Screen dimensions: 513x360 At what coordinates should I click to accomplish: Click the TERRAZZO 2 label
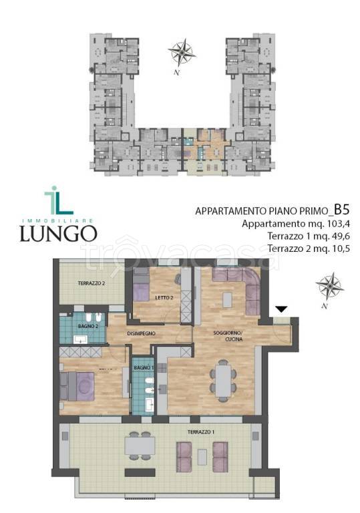coord(92,283)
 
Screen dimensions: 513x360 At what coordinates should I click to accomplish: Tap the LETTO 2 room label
coord(164,298)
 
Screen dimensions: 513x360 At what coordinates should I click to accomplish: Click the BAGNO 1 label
coord(144,368)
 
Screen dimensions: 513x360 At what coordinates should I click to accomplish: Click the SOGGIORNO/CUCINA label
coord(228,336)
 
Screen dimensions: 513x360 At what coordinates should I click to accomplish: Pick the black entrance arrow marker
coord(282,309)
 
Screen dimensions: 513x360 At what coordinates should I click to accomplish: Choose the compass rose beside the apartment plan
coord(329,286)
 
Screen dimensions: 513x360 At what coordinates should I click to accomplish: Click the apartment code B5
coord(342,209)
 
